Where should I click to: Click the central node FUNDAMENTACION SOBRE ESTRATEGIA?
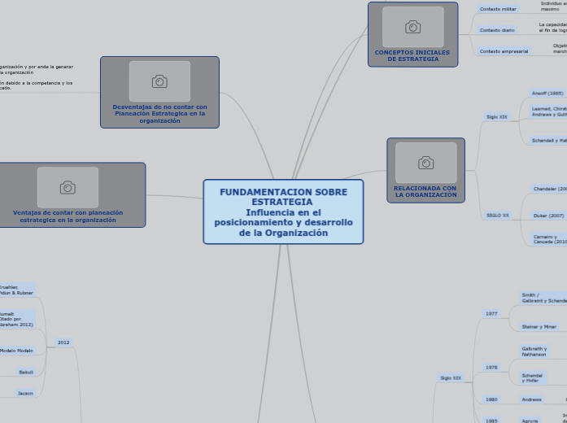coord(283,211)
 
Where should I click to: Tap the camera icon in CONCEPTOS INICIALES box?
coord(412,27)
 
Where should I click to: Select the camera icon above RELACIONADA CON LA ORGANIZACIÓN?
coord(425,163)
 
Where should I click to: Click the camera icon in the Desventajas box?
coord(159,81)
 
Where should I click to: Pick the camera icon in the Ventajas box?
coord(68,187)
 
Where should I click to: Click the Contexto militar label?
coord(498,9)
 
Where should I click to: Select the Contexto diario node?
coord(497,30)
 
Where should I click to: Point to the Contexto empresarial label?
coord(504,51)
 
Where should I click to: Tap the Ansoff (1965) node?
coord(547,94)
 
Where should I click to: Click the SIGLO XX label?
coord(497,216)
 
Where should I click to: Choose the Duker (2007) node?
coord(548,216)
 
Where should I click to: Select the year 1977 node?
coord(491,313)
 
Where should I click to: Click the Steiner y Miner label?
coord(539,326)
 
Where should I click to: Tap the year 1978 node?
coord(491,368)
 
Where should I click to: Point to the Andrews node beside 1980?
coord(532,399)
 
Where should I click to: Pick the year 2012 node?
coord(63,342)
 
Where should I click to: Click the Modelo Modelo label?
coord(16,351)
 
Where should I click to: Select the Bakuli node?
coord(26,372)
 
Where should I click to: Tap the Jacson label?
coord(26,393)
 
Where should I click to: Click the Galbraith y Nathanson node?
coord(534,351)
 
